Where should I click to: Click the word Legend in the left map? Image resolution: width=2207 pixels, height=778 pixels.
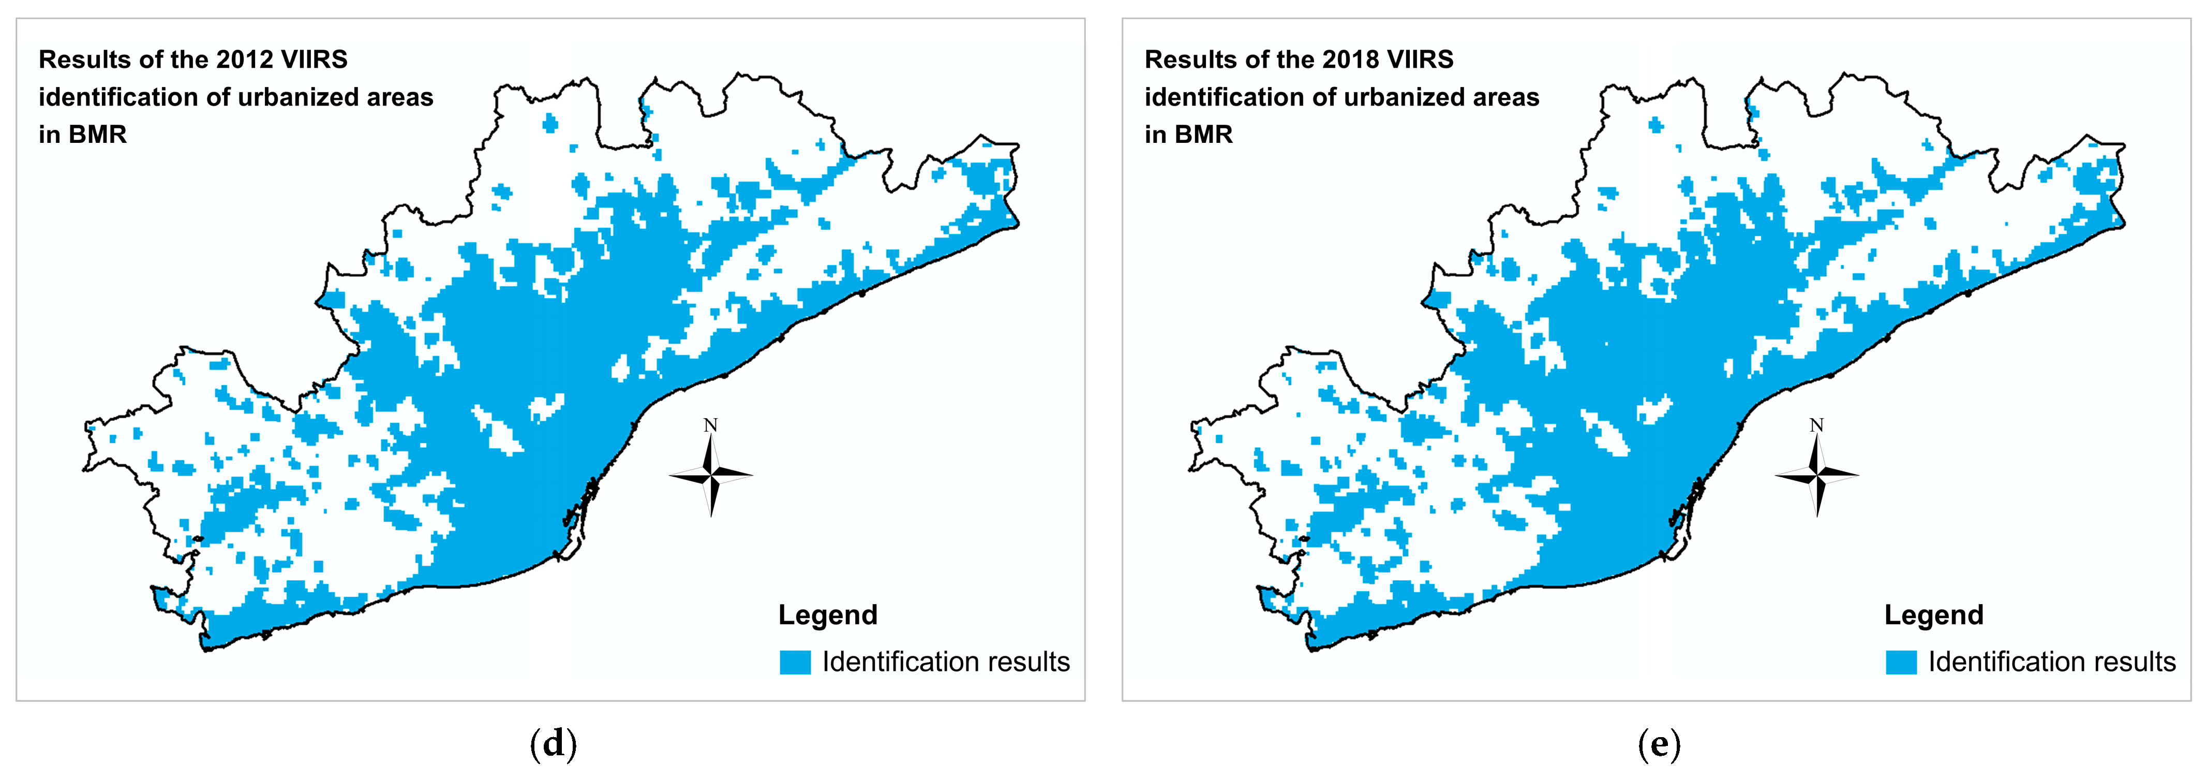(828, 615)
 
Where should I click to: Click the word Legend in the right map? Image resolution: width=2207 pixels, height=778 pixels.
(1934, 615)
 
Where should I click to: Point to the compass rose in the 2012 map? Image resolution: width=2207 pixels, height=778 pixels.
(711, 474)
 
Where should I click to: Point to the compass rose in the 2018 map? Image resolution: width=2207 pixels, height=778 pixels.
(1817, 474)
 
